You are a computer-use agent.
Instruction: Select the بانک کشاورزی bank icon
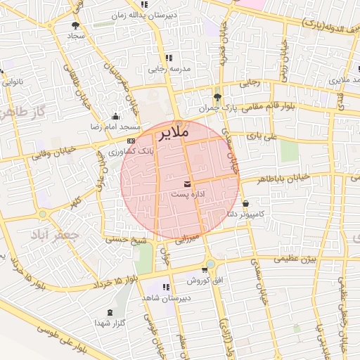click(131, 141)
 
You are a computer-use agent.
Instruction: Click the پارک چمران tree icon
click(217, 97)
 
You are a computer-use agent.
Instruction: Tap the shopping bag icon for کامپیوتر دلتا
click(245, 203)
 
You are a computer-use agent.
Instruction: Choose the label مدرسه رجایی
click(166, 70)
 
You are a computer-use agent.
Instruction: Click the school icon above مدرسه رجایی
click(168, 58)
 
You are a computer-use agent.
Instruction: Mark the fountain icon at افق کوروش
click(205, 269)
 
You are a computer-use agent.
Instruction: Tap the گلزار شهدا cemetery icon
click(109, 312)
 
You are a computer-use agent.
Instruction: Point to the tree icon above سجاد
click(75, 25)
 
